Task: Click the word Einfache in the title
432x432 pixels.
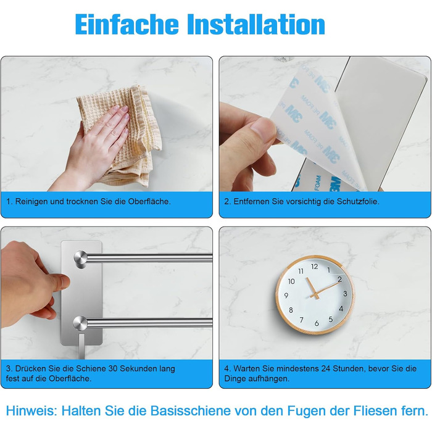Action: (x=127, y=24)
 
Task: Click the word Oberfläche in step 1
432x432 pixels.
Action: (x=149, y=201)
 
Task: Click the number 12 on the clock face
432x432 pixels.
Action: (x=314, y=267)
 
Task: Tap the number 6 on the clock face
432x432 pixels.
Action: (x=317, y=323)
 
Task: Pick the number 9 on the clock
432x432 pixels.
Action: (x=286, y=296)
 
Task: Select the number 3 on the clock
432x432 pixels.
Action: (x=345, y=294)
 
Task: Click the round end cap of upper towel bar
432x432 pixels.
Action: (x=80, y=258)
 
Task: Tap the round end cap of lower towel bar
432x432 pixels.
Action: (x=80, y=323)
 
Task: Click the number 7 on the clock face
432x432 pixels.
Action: (x=302, y=320)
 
